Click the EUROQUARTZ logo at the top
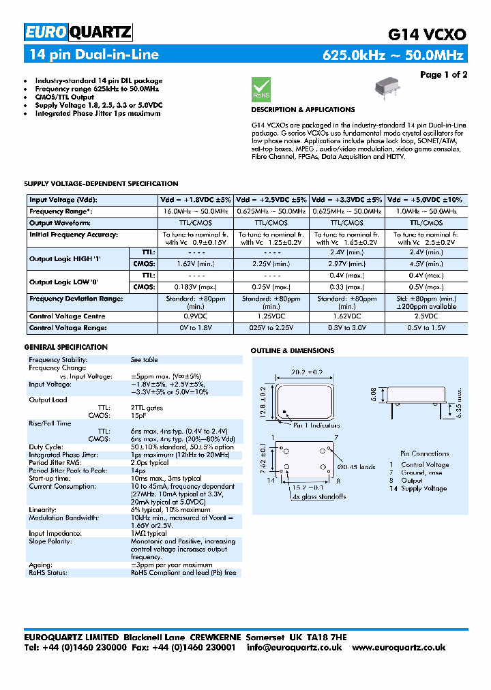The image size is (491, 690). coord(78,32)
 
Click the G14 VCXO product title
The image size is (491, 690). coord(427,34)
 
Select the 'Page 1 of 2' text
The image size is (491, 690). coord(443,74)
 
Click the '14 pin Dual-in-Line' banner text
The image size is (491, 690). coord(93,55)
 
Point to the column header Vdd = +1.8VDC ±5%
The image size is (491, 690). coord(196,200)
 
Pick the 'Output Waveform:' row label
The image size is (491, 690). coord(60,223)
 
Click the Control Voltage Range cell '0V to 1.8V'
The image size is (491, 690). coord(196,328)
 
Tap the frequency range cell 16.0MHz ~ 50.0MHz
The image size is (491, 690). coord(196,212)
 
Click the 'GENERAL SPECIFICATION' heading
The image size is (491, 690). coord(66,347)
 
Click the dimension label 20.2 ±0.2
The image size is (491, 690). coord(306,373)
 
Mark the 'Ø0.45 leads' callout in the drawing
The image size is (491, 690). coord(357,467)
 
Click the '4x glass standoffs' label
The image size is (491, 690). coord(319,496)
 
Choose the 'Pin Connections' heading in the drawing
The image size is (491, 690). coord(424,453)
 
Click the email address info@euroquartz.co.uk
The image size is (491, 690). coord(294,648)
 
